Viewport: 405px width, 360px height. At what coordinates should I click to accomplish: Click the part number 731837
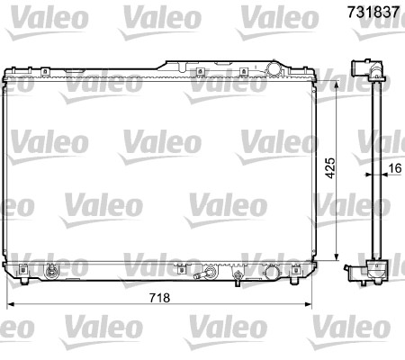tap(373, 13)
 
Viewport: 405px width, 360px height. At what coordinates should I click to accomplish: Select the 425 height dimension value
tap(331, 168)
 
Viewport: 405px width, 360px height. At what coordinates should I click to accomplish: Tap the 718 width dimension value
tap(159, 298)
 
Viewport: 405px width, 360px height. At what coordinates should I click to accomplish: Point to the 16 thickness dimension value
tap(395, 168)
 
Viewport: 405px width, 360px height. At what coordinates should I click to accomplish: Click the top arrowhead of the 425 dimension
tap(337, 85)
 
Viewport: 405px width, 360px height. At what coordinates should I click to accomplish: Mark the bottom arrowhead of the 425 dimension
tap(337, 256)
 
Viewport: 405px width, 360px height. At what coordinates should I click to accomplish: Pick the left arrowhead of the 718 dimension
tap(11, 305)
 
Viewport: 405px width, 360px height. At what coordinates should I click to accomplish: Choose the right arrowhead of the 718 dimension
tap(308, 305)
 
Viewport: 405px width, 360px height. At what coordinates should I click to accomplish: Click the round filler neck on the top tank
tap(274, 68)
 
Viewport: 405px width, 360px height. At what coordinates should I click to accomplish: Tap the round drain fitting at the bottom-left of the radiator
tap(50, 272)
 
